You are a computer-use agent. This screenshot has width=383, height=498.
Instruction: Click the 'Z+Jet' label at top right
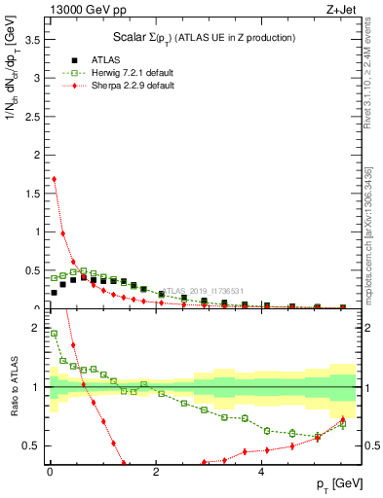(338, 10)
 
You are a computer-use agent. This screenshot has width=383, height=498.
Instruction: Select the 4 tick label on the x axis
(261, 473)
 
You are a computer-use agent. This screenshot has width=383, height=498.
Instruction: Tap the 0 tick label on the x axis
(50, 473)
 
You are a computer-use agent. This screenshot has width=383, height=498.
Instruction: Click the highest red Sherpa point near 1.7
(54, 179)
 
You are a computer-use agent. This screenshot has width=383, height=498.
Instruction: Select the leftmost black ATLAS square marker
(54, 292)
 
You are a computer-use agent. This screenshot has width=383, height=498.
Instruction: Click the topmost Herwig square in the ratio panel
(54, 333)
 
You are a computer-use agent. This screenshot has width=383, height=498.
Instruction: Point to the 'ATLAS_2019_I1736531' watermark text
(206, 290)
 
